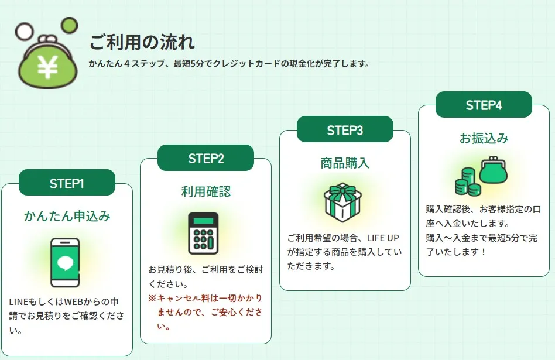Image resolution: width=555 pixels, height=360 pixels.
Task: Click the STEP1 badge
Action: coord(67,183)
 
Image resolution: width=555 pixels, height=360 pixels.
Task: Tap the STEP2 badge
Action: coord(205,158)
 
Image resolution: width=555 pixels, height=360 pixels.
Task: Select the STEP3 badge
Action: coord(345,130)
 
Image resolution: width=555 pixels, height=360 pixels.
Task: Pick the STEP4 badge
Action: coord(484,105)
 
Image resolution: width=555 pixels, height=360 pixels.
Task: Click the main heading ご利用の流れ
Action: coord(142,43)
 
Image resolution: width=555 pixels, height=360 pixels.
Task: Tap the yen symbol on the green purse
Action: coord(47,67)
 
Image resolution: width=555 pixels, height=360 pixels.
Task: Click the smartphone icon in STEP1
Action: coord(65,262)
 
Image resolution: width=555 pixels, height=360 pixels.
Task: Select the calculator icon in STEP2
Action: coord(203,233)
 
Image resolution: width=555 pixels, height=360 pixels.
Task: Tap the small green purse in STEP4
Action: coord(494,170)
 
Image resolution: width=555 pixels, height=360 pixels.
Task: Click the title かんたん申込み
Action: coord(67,216)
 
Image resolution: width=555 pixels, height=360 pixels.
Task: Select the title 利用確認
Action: coord(205,191)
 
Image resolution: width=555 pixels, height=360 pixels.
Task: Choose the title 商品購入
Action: coord(345,163)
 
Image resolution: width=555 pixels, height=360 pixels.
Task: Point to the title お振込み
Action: coord(484,138)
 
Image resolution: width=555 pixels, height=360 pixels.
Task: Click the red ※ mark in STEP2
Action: coord(152,299)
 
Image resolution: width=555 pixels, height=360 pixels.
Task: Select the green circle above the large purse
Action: coord(69,25)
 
